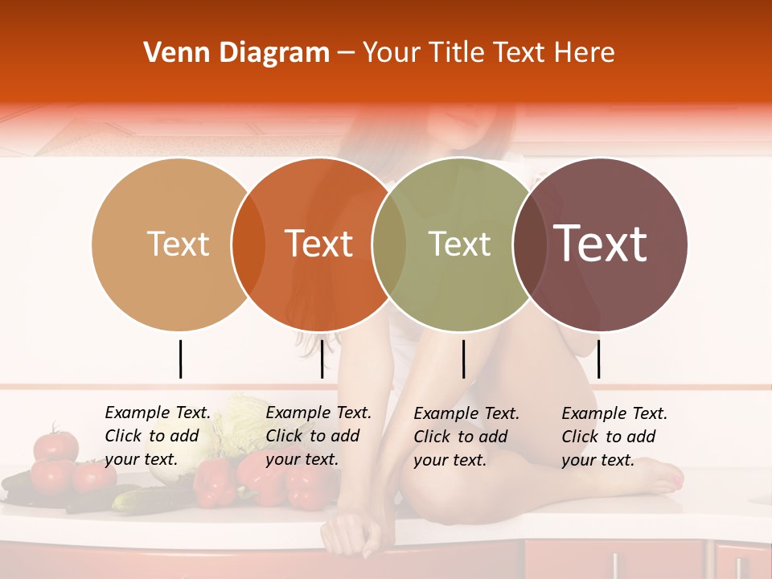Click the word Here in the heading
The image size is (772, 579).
tap(585, 53)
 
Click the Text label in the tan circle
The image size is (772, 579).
tap(178, 244)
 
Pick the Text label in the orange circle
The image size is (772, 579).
tap(318, 244)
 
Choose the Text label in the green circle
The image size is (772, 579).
tap(459, 244)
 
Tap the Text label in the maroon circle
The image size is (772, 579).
tap(600, 244)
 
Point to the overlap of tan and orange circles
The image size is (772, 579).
tap(248, 244)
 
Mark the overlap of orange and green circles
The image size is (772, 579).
tap(388, 244)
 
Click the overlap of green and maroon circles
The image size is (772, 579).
tap(529, 244)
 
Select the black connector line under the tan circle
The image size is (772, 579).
tap(181, 359)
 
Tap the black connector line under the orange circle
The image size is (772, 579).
tap(322, 359)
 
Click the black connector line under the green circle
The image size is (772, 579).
tap(463, 359)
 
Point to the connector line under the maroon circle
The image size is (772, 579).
tap(598, 359)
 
